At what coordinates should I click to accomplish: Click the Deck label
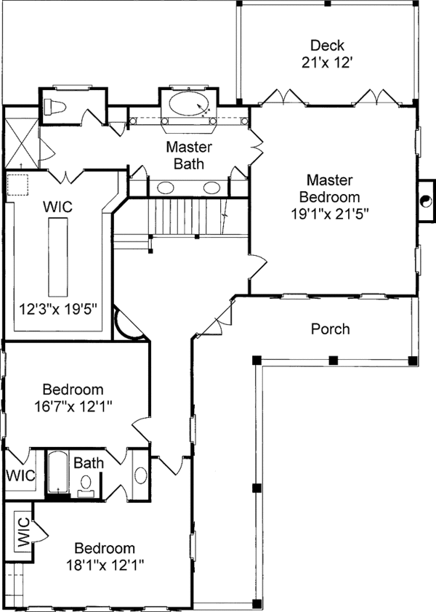327,45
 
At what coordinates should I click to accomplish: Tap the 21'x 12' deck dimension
327,63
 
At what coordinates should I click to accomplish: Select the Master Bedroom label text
329,188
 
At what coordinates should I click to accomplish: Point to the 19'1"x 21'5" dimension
330,214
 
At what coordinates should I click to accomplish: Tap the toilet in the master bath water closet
54,107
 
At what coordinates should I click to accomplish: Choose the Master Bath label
189,156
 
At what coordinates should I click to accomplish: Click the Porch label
330,329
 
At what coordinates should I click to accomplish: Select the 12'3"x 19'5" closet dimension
57,310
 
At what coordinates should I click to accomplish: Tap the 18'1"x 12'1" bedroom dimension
105,565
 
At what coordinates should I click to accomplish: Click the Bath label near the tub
89,463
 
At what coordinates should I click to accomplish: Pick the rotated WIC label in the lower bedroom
23,531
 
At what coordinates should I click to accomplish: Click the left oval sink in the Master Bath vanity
166,188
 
